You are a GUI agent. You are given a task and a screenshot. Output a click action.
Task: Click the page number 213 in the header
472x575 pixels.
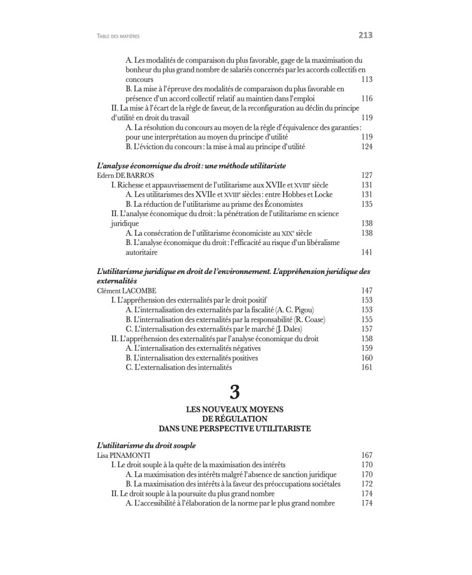click(365, 35)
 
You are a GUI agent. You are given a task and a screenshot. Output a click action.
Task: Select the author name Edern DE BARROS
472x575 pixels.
click(120, 175)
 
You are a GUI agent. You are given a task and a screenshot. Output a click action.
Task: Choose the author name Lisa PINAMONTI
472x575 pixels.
click(120, 455)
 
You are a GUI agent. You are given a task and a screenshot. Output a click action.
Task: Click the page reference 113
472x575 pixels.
click(366, 79)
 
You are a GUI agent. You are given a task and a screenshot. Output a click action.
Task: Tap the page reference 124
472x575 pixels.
click(366, 146)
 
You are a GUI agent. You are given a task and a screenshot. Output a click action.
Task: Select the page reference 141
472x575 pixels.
click(366, 252)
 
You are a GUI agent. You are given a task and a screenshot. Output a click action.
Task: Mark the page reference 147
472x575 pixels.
click(366, 290)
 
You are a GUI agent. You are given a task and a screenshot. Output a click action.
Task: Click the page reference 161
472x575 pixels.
click(366, 367)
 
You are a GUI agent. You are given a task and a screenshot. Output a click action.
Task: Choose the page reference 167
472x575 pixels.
click(366, 455)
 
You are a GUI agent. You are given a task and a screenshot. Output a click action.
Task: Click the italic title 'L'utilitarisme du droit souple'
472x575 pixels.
click(145, 445)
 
